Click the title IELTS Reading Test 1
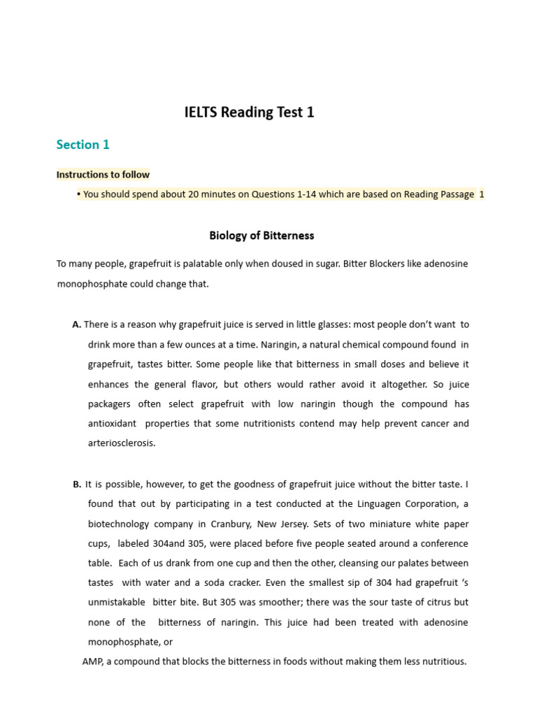click(249, 112)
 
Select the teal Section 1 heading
click(83, 145)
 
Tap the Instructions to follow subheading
click(103, 175)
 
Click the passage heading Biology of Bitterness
click(262, 236)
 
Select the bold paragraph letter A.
click(76, 324)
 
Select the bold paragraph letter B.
click(77, 484)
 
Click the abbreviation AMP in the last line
click(92, 661)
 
